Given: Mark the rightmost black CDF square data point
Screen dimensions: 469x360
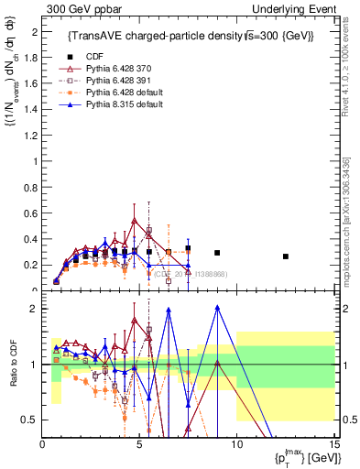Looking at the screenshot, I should tap(285, 256).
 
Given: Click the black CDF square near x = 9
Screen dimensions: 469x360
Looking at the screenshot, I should tap(217, 253).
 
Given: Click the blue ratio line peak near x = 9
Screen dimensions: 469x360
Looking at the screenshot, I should tap(217, 307).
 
